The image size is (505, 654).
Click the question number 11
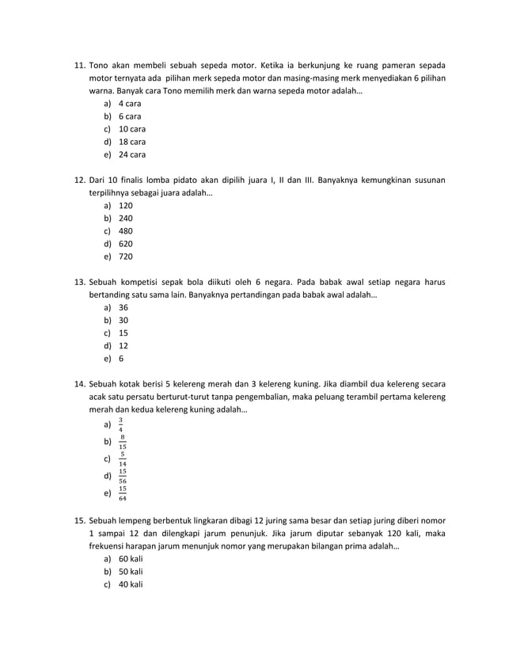pyautogui.click(x=79, y=65)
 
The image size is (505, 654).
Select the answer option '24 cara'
pyautogui.click(x=131, y=154)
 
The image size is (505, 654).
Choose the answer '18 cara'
pyautogui.click(x=131, y=142)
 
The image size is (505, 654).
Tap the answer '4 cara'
pyautogui.click(x=129, y=104)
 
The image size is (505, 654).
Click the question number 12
pyautogui.click(x=79, y=180)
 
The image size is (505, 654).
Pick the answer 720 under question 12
pyautogui.click(x=126, y=257)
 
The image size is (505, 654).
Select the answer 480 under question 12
pyautogui.click(x=126, y=231)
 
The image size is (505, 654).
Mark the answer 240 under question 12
pyautogui.click(x=126, y=218)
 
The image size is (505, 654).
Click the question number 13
pyautogui.click(x=79, y=282)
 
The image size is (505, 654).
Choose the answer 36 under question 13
pyautogui.click(x=123, y=307)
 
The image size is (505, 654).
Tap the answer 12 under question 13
pyautogui.click(x=123, y=345)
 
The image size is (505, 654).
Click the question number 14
pyautogui.click(x=79, y=384)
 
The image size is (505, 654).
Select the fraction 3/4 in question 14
pyautogui.click(x=121, y=424)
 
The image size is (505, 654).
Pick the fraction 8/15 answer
pyautogui.click(x=123, y=442)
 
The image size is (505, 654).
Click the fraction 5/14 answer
pyautogui.click(x=123, y=458)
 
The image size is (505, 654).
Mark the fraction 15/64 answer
pyautogui.click(x=123, y=493)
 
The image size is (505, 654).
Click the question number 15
pyautogui.click(x=79, y=520)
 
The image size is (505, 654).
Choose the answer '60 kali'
pyautogui.click(x=131, y=559)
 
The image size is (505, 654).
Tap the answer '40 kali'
pyautogui.click(x=131, y=584)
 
